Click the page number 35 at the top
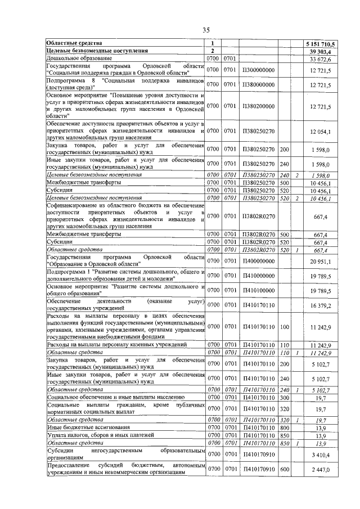206,30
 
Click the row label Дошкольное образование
79,58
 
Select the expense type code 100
283,326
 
